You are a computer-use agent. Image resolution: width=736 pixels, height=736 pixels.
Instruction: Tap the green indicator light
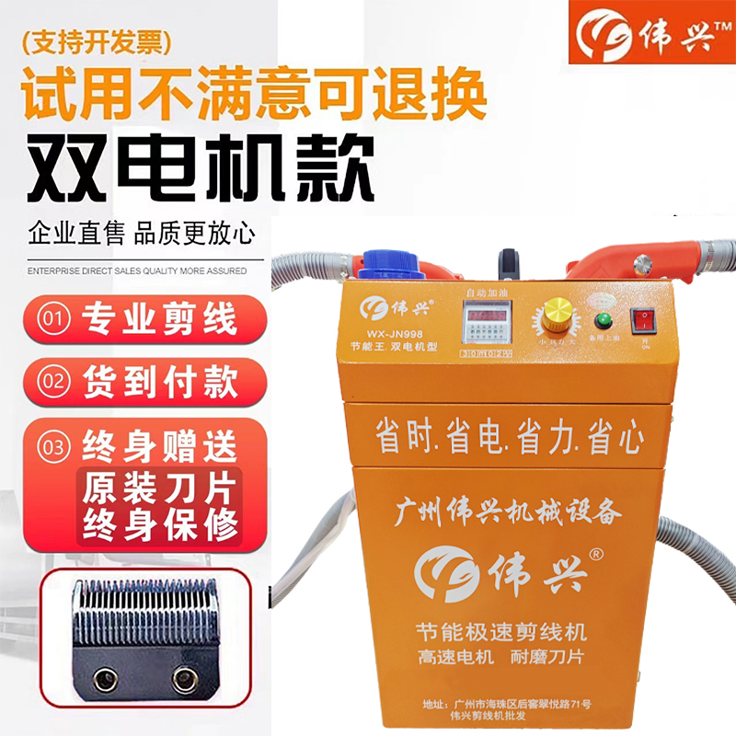(x=604, y=322)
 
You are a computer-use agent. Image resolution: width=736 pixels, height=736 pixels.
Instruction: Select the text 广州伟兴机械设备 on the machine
(x=508, y=509)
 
